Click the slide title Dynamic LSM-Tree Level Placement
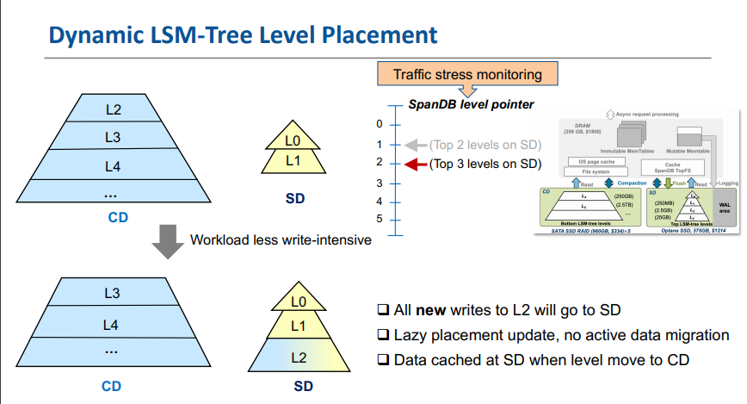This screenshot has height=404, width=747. (x=243, y=35)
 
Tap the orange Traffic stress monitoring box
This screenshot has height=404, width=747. (x=467, y=74)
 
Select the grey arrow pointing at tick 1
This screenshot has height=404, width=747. (x=416, y=145)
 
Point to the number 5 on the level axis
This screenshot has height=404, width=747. (x=378, y=220)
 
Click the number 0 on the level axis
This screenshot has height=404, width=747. (x=378, y=124)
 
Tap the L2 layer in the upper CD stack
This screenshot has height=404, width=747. (x=113, y=109)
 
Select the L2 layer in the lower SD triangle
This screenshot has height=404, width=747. (x=299, y=356)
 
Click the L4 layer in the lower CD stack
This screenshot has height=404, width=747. (x=111, y=325)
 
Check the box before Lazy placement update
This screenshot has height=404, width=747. (x=383, y=335)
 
